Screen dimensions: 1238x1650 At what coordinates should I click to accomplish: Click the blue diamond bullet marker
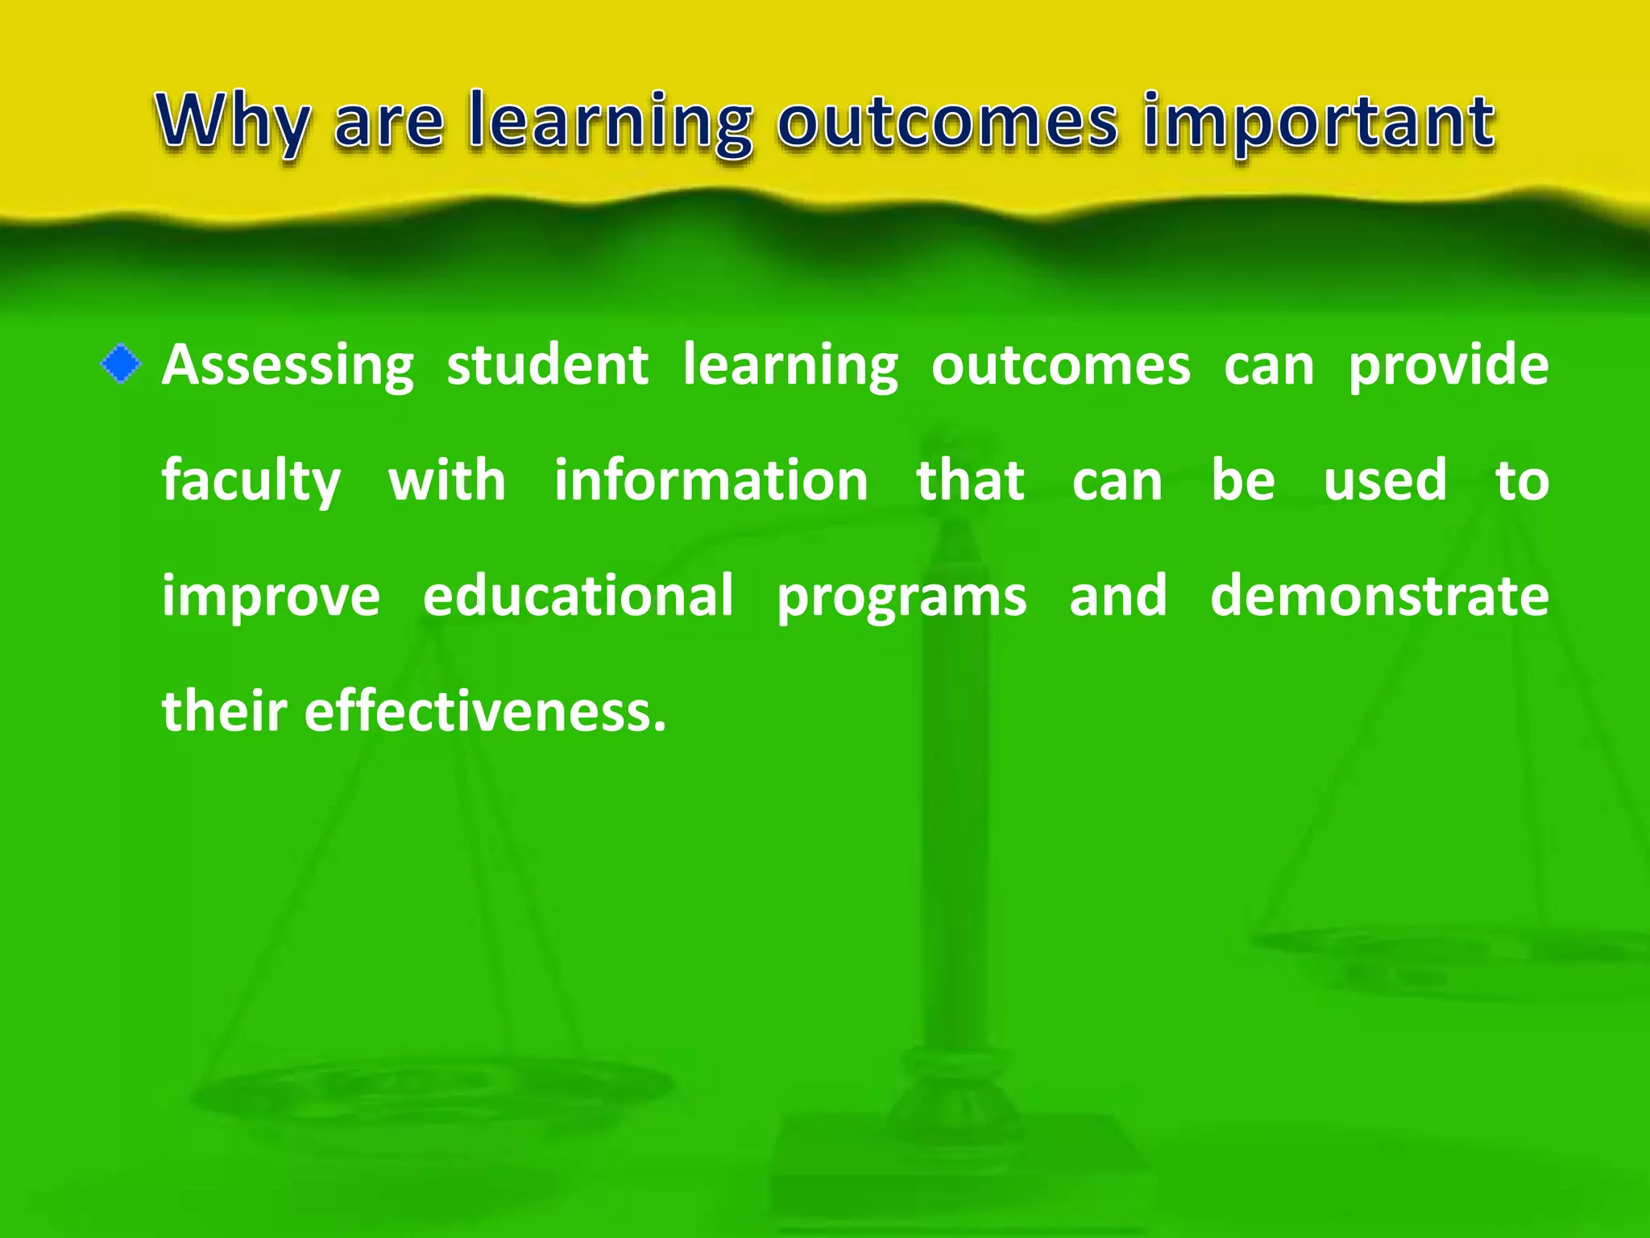click(121, 364)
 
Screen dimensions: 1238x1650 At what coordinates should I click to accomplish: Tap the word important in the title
click(1319, 123)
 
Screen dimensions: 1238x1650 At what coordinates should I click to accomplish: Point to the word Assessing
click(288, 366)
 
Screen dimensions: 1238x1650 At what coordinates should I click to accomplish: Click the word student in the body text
click(547, 364)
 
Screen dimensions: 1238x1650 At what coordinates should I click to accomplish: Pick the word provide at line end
click(1448, 366)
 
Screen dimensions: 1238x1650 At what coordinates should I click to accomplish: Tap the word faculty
click(251, 481)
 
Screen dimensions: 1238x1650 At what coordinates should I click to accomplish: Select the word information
click(711, 480)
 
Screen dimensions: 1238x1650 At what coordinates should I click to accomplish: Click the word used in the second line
click(1385, 480)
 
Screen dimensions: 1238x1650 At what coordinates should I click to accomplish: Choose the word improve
click(271, 597)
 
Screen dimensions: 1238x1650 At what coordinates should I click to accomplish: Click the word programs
click(901, 597)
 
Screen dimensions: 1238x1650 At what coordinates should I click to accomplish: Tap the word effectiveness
click(485, 711)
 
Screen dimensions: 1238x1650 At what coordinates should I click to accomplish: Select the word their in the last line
click(224, 711)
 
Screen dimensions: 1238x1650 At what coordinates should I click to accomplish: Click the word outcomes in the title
click(947, 123)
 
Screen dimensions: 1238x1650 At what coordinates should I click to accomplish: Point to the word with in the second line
click(447, 480)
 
